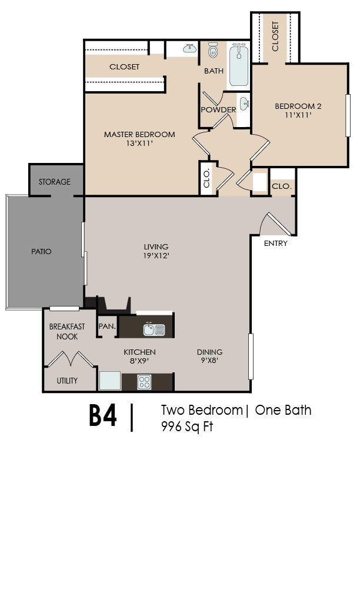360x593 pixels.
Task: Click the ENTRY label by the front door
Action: pos(275,243)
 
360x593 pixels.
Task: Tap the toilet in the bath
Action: pos(213,51)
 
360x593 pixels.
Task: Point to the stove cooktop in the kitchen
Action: pos(144,381)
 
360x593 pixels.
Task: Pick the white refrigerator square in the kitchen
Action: pos(109,381)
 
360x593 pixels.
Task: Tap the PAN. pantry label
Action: pos(107,326)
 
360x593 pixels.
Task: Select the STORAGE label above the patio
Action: pos(55,182)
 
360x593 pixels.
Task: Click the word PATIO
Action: pos(41,251)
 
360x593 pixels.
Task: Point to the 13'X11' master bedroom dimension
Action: pos(139,144)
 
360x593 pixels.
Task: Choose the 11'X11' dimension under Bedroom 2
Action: pos(298,115)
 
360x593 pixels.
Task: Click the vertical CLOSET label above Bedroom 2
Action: pos(275,36)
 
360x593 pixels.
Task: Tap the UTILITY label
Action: pos(67,381)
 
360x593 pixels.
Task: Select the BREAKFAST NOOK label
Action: pos(67,331)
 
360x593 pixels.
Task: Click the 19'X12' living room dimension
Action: pos(156,256)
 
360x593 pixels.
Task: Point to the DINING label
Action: pos(209,352)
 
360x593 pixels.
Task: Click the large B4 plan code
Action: pos(103,416)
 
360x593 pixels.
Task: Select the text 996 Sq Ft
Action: pos(186,427)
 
